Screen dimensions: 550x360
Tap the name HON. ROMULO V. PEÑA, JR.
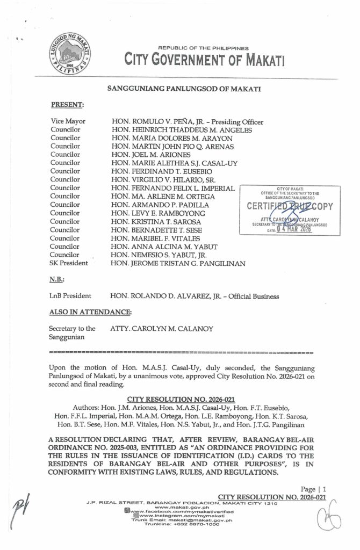[159, 122]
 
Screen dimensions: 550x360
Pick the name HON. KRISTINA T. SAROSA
[156, 221]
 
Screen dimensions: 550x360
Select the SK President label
[69, 263]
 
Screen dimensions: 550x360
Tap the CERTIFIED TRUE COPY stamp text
[290, 206]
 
